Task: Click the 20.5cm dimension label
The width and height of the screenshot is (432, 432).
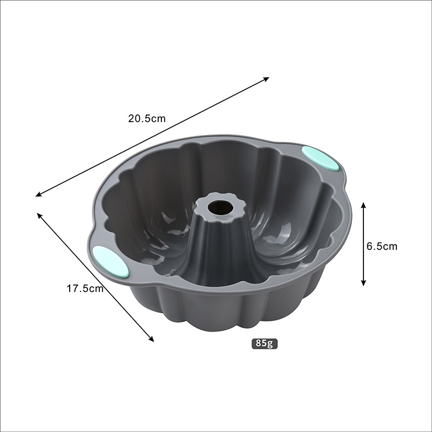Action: click(147, 118)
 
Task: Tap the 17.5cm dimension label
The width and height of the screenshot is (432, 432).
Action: click(85, 288)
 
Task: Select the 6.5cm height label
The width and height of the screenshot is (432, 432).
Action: click(382, 246)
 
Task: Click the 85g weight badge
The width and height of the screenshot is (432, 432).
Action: click(265, 343)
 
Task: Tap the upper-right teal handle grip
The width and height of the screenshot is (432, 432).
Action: click(320, 158)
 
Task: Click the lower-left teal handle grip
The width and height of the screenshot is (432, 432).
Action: click(111, 261)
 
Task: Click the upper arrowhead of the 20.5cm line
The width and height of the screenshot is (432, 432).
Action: click(267, 79)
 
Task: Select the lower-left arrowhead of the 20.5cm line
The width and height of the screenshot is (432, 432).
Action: click(38, 194)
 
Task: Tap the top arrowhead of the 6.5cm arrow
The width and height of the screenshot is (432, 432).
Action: click(363, 205)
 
